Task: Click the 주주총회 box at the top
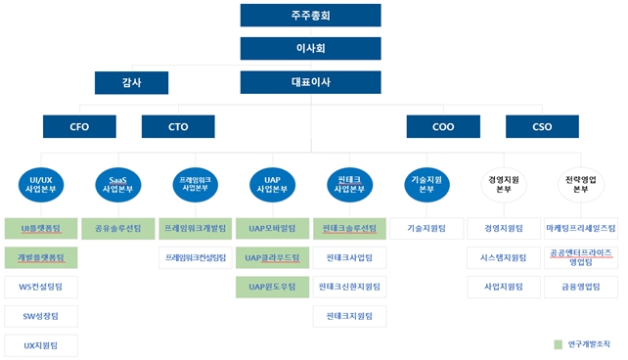coord(310,15)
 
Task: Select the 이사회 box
coord(310,48)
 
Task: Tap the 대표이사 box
coord(310,82)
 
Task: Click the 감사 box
coord(131,82)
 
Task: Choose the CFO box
coord(80,126)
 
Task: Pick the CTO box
coord(178,126)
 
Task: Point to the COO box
coord(443,126)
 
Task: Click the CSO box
coord(542,126)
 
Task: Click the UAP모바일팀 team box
coord(272,228)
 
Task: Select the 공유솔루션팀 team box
coord(117,228)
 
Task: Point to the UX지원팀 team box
coord(41,345)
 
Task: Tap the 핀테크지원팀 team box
coord(349,316)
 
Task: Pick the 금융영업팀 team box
coord(580,287)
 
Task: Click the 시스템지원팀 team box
coord(503,257)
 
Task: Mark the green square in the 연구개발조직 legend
coord(558,344)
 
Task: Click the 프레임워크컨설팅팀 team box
coord(195,257)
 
